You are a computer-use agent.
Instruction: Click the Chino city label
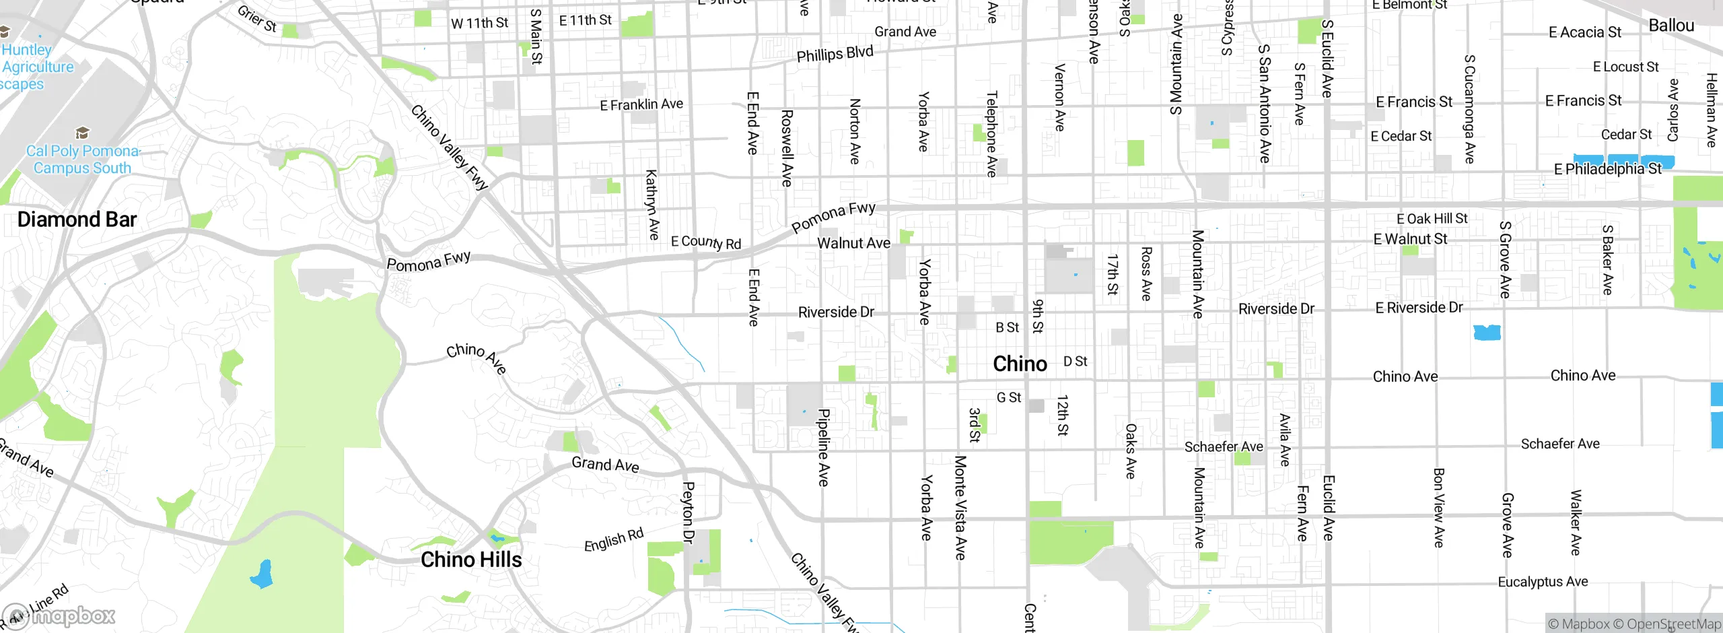pos(1020,364)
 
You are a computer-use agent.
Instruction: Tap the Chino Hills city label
pos(471,560)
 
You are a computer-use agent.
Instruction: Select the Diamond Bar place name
pos(77,220)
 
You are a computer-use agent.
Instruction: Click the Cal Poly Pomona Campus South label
pos(82,160)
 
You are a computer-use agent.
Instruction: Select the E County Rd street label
pos(706,242)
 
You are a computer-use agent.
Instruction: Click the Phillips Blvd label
pos(835,54)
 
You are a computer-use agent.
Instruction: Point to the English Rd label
pos(613,540)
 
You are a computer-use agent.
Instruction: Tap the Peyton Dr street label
pos(688,512)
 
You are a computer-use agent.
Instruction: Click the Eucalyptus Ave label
pos(1543,582)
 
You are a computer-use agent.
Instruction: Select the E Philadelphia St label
pos(1607,169)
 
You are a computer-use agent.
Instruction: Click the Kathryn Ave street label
pos(652,205)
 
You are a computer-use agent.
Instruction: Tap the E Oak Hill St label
pos(1432,219)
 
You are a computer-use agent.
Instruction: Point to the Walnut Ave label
pos(853,243)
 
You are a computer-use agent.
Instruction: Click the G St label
pos(1008,398)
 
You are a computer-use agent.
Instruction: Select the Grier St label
pos(257,18)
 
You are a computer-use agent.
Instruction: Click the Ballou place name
pos(1671,26)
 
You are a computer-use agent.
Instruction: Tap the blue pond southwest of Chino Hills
pos(261,574)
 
